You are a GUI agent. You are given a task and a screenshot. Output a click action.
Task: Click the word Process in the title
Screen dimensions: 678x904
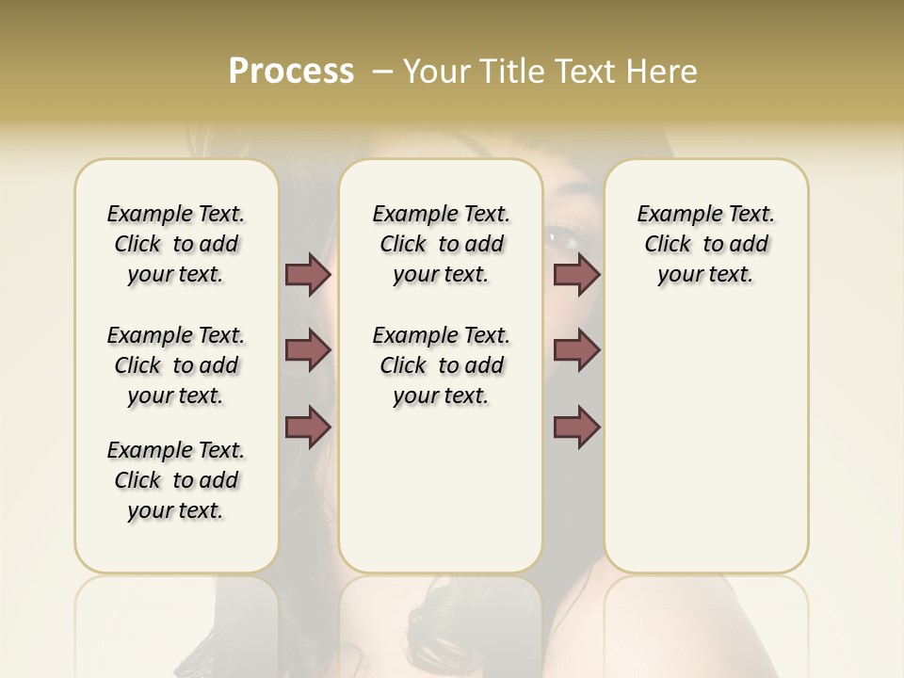coord(291,72)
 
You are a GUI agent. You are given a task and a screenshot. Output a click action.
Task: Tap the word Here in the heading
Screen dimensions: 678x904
coord(663,72)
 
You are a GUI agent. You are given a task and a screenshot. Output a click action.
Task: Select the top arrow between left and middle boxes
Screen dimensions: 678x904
coord(308,275)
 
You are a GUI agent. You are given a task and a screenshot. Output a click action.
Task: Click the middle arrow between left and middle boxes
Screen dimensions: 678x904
coord(308,350)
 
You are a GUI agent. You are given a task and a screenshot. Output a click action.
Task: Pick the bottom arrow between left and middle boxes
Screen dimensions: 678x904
coord(308,427)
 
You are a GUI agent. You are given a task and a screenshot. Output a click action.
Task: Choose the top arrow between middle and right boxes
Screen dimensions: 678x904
coord(576,275)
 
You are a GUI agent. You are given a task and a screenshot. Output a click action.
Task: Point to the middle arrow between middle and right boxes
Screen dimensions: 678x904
coord(576,350)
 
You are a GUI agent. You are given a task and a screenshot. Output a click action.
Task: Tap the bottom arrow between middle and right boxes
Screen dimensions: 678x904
coord(576,427)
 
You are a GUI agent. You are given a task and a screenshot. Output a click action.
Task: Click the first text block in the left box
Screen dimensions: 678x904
coord(176,244)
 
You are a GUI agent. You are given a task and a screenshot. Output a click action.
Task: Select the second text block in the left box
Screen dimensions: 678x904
coord(176,365)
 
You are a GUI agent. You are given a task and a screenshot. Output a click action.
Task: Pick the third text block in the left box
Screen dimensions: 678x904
coord(176,480)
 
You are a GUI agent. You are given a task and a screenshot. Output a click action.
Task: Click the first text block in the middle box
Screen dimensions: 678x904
coord(441,244)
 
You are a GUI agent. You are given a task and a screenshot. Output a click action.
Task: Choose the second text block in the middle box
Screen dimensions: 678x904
coord(441,365)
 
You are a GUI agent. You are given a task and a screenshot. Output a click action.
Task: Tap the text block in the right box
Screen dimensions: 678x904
coord(705,244)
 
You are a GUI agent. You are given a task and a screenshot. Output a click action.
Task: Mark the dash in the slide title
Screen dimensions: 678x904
coord(381,72)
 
